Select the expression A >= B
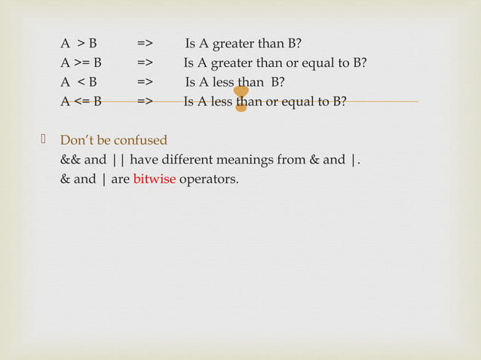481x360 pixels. (81, 63)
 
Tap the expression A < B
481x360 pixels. (79, 82)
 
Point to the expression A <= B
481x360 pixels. (81, 102)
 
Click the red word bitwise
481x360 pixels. (155, 180)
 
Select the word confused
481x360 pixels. (140, 141)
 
